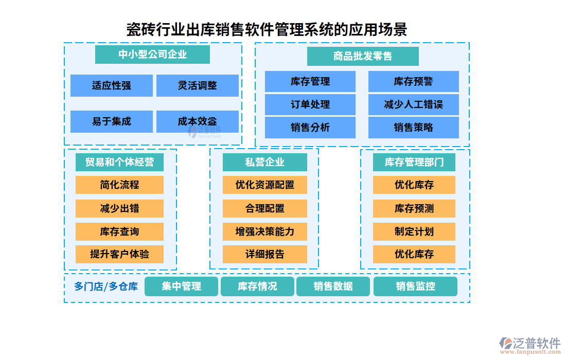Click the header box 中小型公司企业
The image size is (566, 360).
pos(152,55)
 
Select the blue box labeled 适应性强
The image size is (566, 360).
pos(112,85)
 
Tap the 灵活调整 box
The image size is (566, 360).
pos(198,85)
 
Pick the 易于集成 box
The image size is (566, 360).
pos(112,121)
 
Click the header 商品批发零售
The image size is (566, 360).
pos(363,56)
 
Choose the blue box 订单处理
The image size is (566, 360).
pos(310,104)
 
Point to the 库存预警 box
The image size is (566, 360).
pos(414,81)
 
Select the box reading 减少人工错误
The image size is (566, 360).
pos(414,104)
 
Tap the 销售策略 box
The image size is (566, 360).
pos(414,128)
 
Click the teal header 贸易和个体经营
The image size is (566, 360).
pos(119,162)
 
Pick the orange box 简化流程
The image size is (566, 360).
pos(119,185)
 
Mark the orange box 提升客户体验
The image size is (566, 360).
pos(119,254)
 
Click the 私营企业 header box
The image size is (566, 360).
pos(265,162)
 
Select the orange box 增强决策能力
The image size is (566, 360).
pos(265,231)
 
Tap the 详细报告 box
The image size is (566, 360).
pos(265,254)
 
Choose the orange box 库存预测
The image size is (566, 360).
pos(414,208)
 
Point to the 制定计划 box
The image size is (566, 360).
pos(414,231)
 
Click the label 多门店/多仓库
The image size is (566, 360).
pos(106,286)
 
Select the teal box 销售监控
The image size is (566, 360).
pos(415,286)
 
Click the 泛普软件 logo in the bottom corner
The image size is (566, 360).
pos(529,344)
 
